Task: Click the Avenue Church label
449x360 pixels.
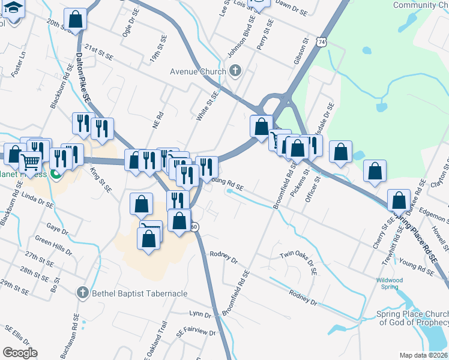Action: point(197,71)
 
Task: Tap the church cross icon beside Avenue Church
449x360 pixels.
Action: point(235,71)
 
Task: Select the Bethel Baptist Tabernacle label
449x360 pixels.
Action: point(139,293)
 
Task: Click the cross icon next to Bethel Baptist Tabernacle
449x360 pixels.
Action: point(83,293)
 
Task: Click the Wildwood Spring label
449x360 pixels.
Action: point(390,283)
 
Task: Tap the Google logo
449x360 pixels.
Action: point(20,353)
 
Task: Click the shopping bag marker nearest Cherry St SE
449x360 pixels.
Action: point(399,200)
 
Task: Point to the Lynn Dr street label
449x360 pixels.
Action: point(199,314)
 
